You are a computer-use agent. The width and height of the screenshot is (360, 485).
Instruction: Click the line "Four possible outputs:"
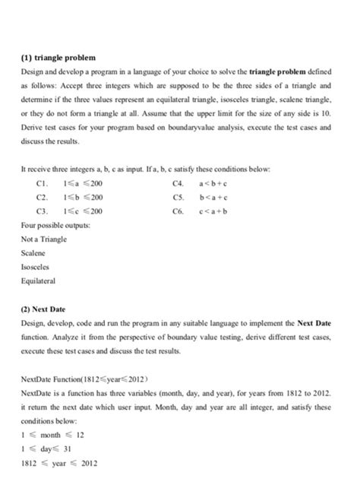(54, 223)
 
